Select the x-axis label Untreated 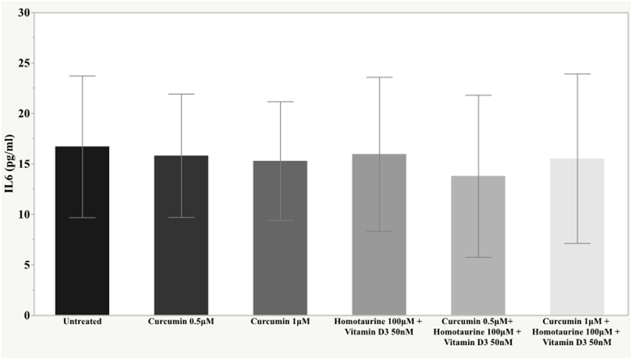tap(82, 321)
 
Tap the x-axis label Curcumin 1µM tap(280, 321)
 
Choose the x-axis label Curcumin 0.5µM tap(181, 321)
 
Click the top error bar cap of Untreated tap(82, 76)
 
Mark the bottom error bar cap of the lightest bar tap(577, 243)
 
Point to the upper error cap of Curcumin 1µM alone tap(280, 102)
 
